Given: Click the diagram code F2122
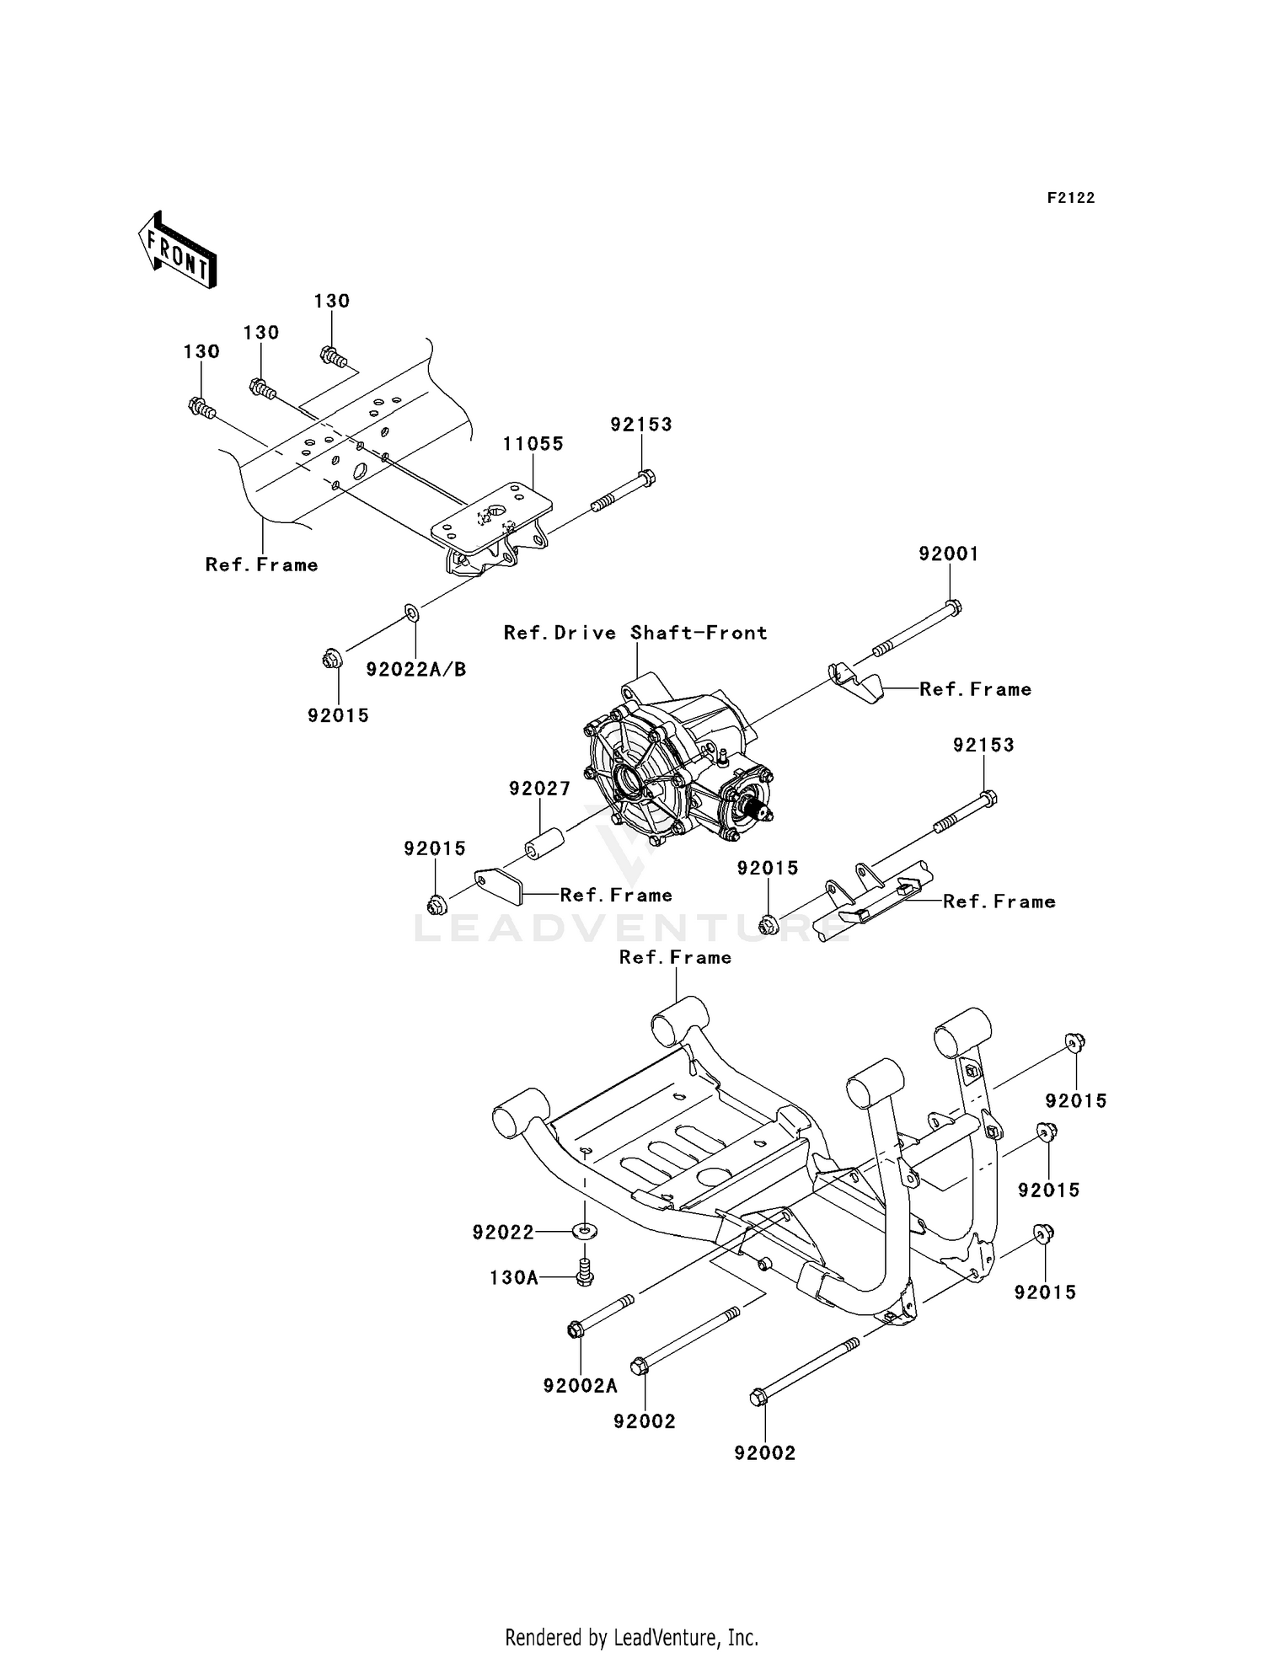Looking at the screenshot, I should point(1070,198).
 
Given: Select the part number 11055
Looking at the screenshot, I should point(533,444).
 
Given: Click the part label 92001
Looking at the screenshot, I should point(948,554).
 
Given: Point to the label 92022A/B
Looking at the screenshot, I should point(415,670).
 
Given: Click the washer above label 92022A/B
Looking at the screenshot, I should point(412,612).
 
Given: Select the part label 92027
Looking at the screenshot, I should point(539,789).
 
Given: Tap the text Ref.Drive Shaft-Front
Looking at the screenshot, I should point(635,633).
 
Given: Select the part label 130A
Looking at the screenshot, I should point(513,1278).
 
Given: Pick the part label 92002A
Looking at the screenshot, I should point(580,1386).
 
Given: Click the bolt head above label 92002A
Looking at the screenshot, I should point(575,1330).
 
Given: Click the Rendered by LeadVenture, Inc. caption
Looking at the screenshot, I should point(631,1638).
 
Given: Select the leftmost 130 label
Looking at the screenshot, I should point(201,352).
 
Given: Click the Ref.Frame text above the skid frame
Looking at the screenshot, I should point(675,958).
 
